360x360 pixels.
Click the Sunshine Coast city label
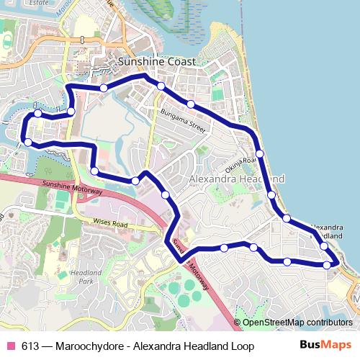(156, 62)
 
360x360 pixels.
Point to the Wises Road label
(110, 224)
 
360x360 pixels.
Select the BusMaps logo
(325, 346)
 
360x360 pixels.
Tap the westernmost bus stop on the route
(27, 143)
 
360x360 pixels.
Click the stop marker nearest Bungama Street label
(190, 104)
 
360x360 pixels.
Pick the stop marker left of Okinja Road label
(260, 154)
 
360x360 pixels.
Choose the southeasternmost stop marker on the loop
(328, 265)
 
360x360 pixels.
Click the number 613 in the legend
(30, 346)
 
